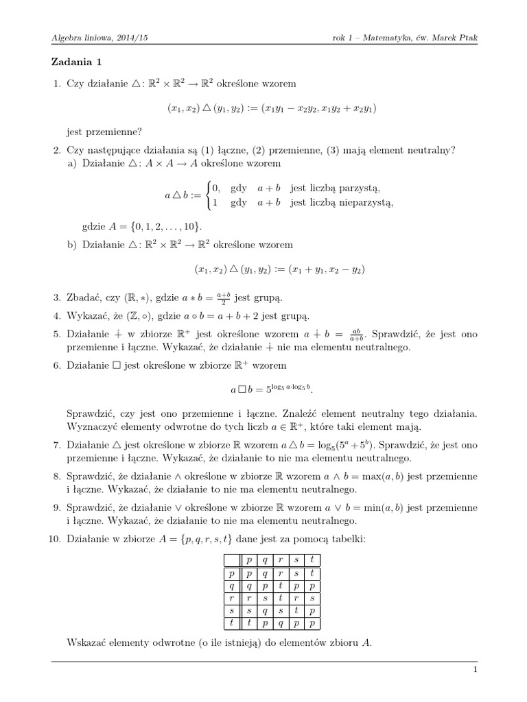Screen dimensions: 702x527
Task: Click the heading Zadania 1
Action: [76, 62]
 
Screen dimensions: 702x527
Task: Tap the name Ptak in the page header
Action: [465, 37]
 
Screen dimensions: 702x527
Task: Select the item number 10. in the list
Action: [56, 540]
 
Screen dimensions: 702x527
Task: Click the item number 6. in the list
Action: [58, 365]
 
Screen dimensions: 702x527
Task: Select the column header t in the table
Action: [312, 560]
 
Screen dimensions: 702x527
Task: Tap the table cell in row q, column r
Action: [280, 585]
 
